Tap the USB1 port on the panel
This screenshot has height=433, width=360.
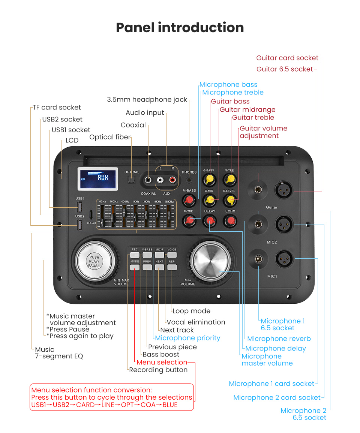coord(80,207)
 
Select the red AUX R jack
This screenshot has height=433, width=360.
coord(172,180)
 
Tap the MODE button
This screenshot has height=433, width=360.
coord(135,267)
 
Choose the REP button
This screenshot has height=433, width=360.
coord(172,267)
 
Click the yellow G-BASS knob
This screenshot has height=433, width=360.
coord(208,180)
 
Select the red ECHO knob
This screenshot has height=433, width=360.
coord(230,221)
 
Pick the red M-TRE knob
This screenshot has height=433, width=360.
coord(189,221)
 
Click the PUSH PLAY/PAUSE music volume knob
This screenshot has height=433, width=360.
coord(94,261)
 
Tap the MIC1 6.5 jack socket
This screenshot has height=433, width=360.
coord(258,259)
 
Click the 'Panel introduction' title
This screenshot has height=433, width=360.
coord(180,28)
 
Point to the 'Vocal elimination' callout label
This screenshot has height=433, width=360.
coord(196,322)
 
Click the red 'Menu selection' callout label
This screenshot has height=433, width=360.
coord(162,362)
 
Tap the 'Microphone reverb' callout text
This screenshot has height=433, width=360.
coord(279,339)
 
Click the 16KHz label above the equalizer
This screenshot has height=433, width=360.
coord(169,202)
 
